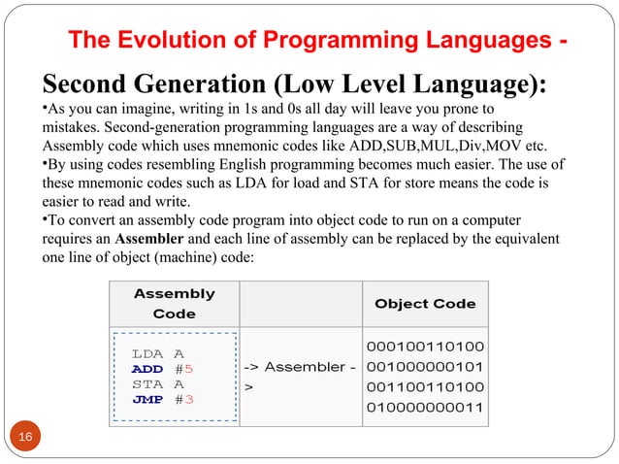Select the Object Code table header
pyautogui.click(x=425, y=303)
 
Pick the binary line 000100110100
pyautogui.click(x=425, y=348)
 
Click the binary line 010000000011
pyautogui.click(x=425, y=406)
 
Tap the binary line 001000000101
pyautogui.click(x=425, y=367)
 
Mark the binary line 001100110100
pyautogui.click(x=425, y=386)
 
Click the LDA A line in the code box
pyautogui.click(x=158, y=354)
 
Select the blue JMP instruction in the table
pyautogui.click(x=147, y=399)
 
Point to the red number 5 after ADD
pyautogui.click(x=189, y=369)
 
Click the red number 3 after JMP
pyautogui.click(x=189, y=399)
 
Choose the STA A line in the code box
pyautogui.click(x=158, y=384)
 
